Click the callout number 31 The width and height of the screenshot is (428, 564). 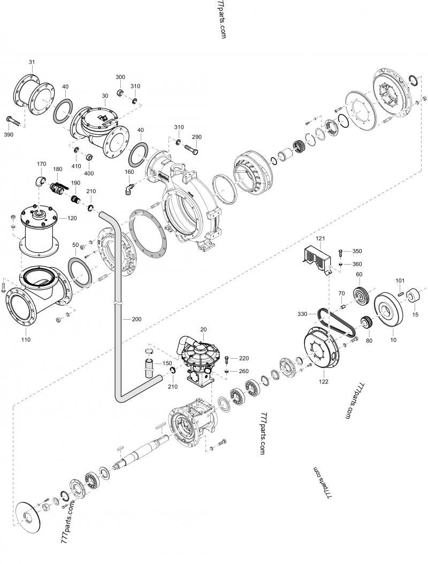32,63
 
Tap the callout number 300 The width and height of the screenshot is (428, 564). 120,78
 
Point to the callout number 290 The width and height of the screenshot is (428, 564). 196,137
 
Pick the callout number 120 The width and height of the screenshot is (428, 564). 71,218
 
